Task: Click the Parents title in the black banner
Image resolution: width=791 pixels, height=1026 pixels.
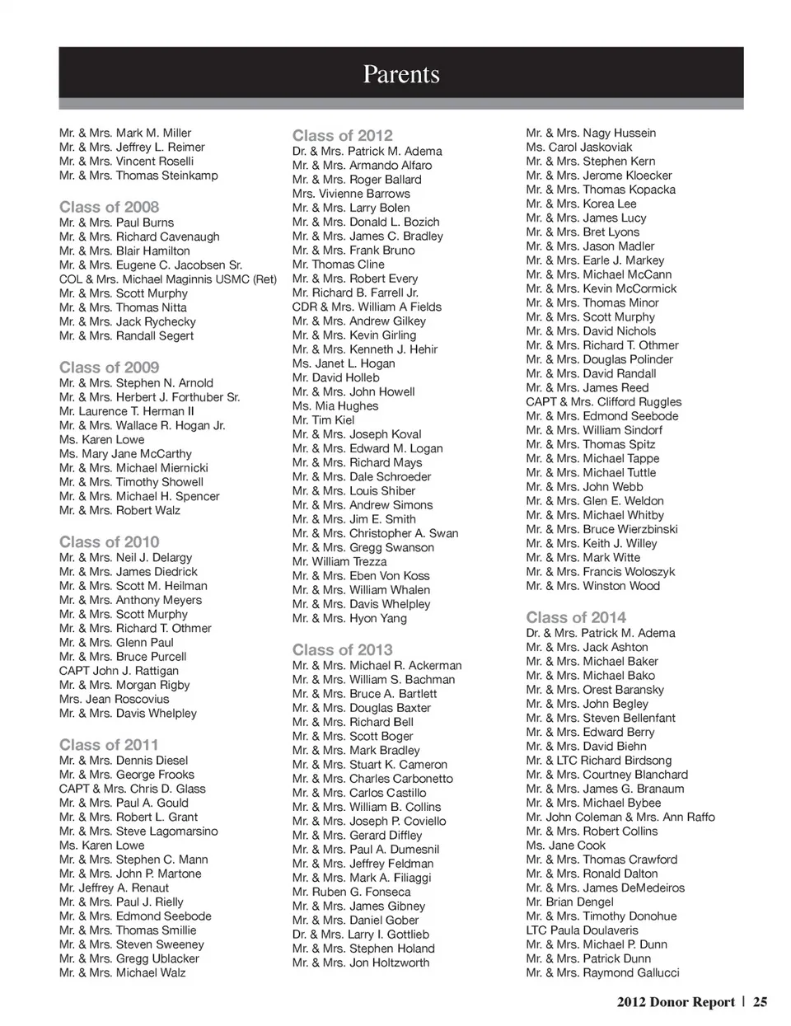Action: (401, 74)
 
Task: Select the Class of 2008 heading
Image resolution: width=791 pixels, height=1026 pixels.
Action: (110, 207)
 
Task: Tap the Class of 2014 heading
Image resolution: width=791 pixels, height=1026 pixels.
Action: (576, 617)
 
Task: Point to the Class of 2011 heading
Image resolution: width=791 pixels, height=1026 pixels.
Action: (109, 744)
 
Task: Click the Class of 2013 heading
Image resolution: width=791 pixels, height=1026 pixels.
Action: (343, 649)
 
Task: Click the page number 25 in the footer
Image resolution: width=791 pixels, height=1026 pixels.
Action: (760, 1002)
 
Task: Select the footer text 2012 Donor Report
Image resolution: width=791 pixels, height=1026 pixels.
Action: (675, 1002)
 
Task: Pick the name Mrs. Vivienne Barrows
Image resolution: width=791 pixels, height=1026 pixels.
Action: (351, 194)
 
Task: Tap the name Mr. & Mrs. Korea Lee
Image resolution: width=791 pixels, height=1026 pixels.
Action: (581, 204)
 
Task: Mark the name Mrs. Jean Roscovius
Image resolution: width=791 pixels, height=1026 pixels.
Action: (114, 699)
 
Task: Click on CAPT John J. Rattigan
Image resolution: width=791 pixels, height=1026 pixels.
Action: (119, 671)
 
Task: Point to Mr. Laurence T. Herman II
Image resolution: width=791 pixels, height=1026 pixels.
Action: (127, 411)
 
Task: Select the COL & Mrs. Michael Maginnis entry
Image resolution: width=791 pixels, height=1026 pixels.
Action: (168, 279)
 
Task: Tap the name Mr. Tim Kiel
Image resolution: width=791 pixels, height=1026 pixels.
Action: (323, 420)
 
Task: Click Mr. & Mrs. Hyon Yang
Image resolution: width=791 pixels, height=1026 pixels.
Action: (349, 618)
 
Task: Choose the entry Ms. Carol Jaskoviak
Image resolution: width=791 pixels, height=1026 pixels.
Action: (579, 147)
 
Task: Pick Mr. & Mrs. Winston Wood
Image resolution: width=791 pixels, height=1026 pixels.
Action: (593, 586)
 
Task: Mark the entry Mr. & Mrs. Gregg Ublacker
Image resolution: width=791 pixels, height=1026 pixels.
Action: (129, 958)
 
